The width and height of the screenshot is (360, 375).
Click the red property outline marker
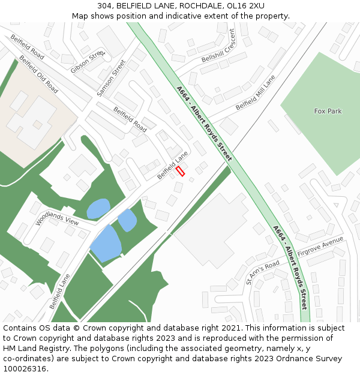(180, 171)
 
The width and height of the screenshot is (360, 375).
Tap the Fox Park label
(328, 111)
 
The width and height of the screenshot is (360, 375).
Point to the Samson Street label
(111, 78)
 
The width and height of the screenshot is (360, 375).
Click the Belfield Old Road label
(38, 74)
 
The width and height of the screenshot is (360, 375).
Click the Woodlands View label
(57, 213)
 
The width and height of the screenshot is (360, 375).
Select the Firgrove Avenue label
(323, 245)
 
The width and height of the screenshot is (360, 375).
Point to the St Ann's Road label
(263, 272)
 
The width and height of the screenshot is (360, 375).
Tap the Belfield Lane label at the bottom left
(60, 291)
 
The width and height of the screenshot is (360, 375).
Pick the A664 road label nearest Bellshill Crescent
(204, 123)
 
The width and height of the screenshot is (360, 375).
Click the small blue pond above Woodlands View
(98, 208)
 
